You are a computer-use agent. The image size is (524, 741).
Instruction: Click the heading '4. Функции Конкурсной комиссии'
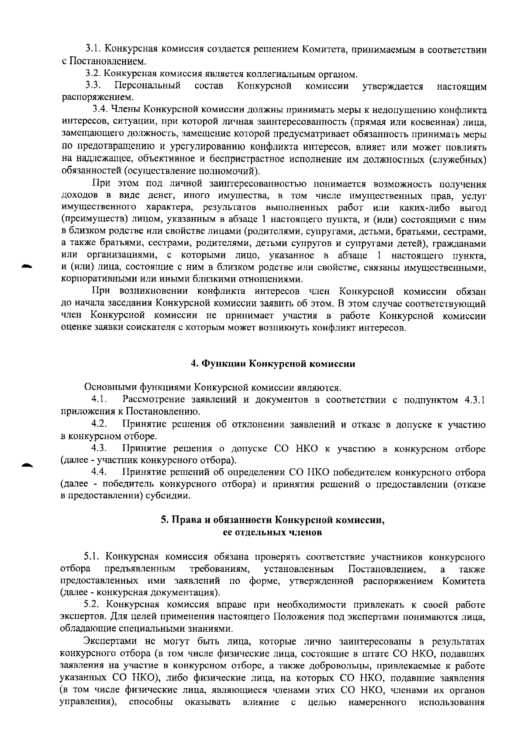tap(273, 364)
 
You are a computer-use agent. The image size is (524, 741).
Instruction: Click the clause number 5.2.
tap(93, 605)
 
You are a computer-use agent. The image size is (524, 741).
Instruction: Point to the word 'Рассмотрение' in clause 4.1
tap(154, 400)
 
